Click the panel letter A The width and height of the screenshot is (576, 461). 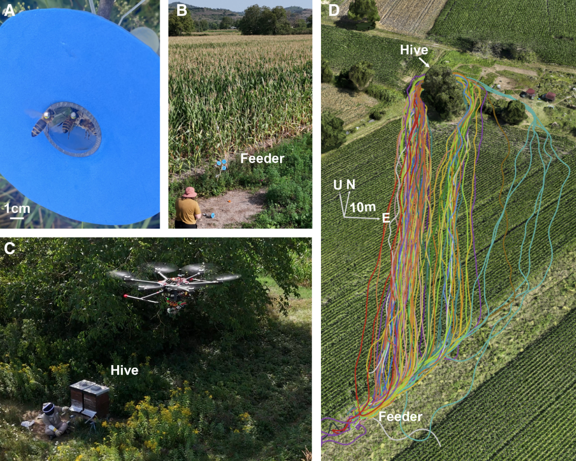pos(9,11)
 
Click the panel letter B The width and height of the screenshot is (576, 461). pos(181,11)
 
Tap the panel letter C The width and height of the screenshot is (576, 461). pos(9,249)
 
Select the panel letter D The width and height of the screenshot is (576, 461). pos(334,11)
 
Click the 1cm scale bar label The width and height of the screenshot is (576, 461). pos(17,209)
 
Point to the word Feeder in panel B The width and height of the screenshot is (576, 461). pos(262,158)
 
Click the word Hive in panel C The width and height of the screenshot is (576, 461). pos(124,370)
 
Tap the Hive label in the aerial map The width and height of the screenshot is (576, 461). pos(414,50)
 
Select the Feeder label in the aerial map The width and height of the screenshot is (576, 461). pos(400,416)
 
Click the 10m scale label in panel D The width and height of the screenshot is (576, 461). pos(363,207)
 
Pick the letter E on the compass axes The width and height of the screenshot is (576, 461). pos(386,218)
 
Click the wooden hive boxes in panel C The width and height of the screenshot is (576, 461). pos(90,399)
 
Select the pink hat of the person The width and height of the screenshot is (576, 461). pos(190,192)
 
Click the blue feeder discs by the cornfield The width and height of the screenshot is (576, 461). pos(222,164)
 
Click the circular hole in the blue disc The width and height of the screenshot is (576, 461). pos(73,129)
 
